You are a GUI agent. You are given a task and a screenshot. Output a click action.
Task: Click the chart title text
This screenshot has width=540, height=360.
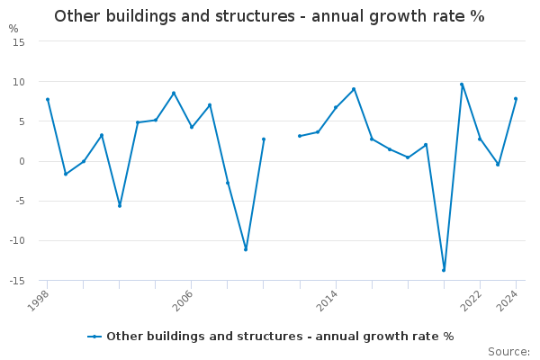[269, 16]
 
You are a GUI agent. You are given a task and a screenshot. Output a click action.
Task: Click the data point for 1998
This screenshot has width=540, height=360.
[48, 99]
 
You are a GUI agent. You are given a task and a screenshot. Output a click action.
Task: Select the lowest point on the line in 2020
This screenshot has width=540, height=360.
[444, 270]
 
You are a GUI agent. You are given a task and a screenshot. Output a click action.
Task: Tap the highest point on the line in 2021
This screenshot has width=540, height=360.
[462, 85]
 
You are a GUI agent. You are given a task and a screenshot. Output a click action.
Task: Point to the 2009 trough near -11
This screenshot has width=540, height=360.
[246, 249]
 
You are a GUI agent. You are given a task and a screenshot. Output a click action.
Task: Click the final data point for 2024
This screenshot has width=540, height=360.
[516, 99]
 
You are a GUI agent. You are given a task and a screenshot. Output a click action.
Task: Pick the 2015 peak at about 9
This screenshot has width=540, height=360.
[354, 89]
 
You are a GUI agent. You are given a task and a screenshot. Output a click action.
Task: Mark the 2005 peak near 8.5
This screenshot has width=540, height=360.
[174, 93]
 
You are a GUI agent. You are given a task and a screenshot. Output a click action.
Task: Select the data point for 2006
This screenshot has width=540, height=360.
[192, 127]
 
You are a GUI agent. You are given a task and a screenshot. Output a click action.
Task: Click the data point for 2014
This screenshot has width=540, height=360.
[336, 107]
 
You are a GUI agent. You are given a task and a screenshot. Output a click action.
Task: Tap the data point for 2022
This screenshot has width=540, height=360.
[480, 139]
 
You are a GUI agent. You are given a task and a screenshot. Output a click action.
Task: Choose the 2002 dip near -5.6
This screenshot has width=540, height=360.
[120, 205]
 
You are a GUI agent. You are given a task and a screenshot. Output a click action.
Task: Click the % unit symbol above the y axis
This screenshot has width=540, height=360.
[13, 29]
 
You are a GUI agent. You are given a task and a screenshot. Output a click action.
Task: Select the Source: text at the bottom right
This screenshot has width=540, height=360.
[508, 352]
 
